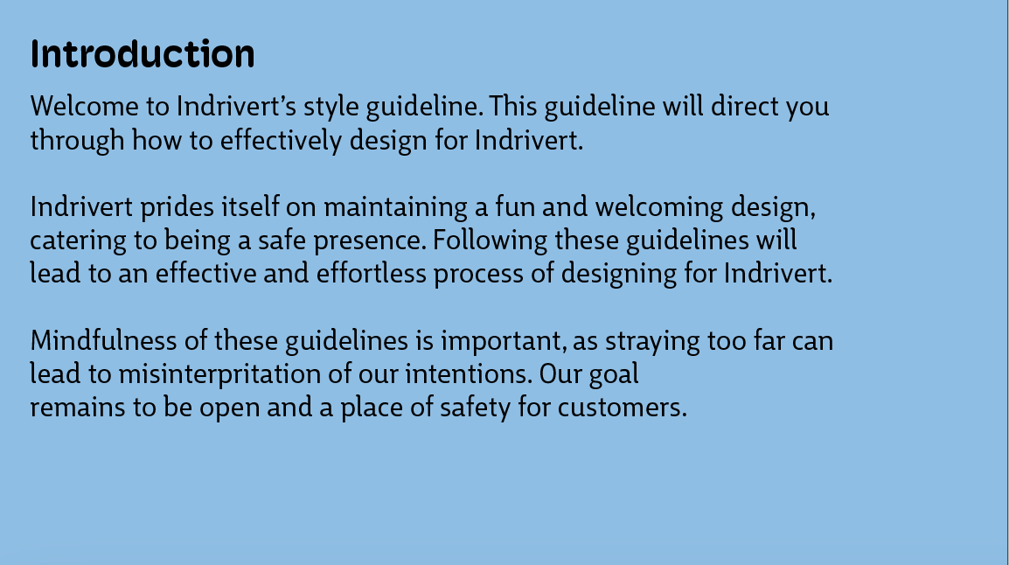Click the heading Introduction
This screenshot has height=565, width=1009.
(x=143, y=54)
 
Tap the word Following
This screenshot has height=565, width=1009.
(x=491, y=241)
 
